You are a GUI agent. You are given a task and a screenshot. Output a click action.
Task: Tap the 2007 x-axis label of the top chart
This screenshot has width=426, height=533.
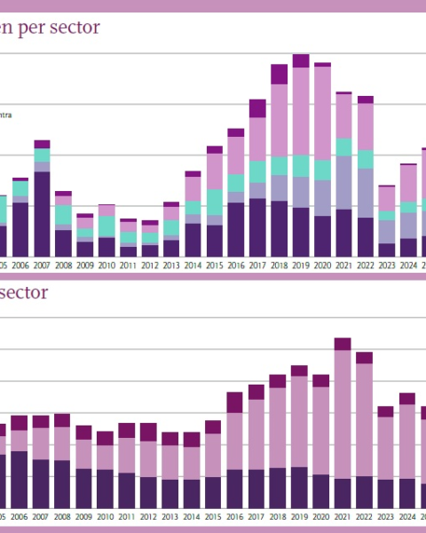tap(42, 264)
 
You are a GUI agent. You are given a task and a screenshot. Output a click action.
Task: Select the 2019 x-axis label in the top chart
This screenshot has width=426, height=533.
tap(301, 264)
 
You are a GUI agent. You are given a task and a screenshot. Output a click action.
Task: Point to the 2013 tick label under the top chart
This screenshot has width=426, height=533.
tap(171, 264)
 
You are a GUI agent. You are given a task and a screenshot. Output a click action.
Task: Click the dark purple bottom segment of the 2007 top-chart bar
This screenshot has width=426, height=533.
tap(42, 213)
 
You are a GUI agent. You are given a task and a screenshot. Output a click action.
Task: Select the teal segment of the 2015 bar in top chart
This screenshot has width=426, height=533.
tap(214, 202)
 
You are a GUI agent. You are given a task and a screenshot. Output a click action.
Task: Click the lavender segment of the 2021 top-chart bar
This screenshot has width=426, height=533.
tap(343, 182)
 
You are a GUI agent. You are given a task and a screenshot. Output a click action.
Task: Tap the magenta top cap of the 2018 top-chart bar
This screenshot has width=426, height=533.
tap(280, 74)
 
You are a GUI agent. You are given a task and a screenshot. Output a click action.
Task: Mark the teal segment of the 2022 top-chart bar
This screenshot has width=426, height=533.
tap(365, 159)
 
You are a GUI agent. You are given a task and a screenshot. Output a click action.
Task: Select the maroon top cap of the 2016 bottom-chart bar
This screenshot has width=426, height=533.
tap(235, 402)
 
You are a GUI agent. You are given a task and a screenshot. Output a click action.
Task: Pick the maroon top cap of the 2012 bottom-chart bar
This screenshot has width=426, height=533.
tap(148, 432)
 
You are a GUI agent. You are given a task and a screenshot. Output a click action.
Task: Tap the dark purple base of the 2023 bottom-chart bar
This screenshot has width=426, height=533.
tap(385, 493)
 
